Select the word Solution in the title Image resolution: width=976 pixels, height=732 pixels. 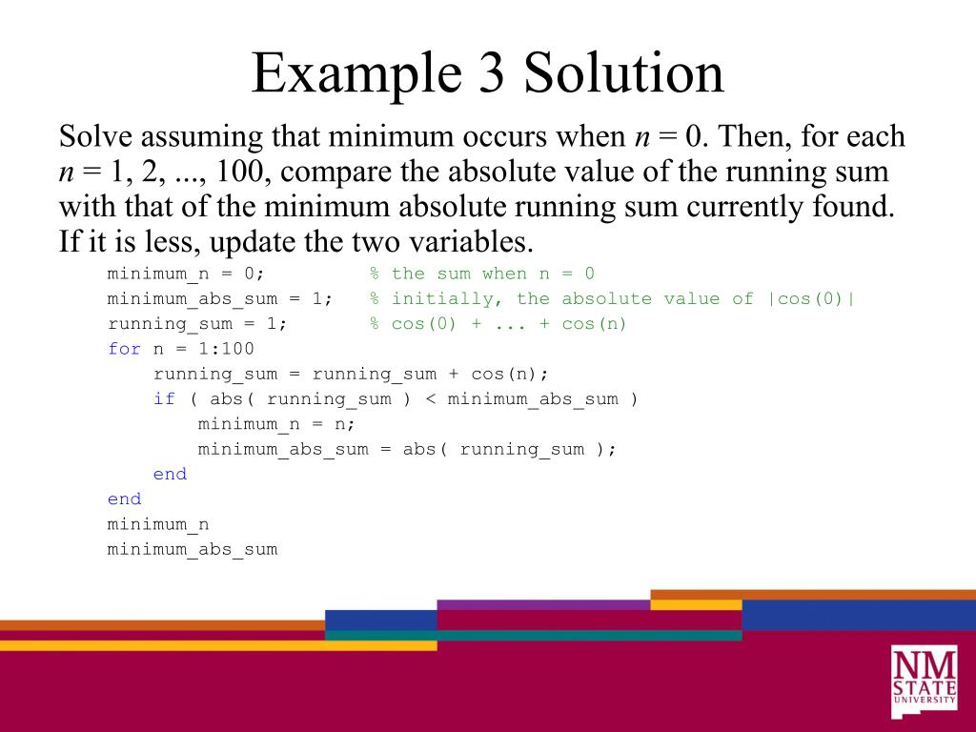(623, 74)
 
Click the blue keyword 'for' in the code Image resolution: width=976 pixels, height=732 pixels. (124, 349)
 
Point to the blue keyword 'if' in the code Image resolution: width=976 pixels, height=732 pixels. (164, 398)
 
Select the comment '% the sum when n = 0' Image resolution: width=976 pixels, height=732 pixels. (482, 274)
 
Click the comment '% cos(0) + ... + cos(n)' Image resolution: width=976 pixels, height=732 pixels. (498, 324)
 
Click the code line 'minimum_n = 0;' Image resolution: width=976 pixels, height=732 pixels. (186, 274)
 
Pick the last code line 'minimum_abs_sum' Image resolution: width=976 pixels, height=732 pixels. (193, 549)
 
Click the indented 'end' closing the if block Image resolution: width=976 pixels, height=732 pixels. (170, 474)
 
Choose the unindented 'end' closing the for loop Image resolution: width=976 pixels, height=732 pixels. (124, 498)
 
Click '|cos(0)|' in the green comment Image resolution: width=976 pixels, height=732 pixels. (811, 299)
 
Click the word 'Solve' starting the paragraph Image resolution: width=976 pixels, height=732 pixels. (93, 136)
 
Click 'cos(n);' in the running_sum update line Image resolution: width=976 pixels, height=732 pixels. (510, 374)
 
